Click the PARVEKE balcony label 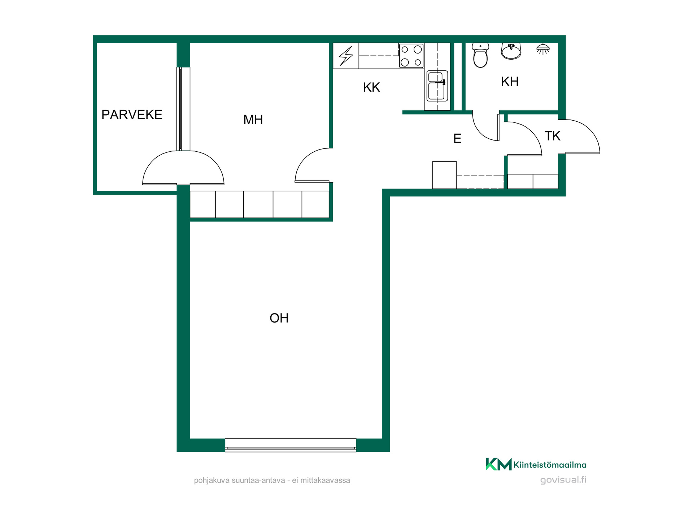tap(132, 114)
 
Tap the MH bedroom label tap(253, 120)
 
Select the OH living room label tap(279, 318)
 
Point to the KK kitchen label tap(371, 87)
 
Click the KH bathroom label tap(510, 82)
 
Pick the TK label tap(552, 136)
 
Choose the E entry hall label tap(457, 139)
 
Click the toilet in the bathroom tap(480, 55)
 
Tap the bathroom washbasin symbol tap(511, 51)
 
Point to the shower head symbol tap(543, 49)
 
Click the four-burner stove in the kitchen tap(411, 56)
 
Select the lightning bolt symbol tap(346, 56)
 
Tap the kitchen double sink tap(437, 86)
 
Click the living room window tap(291, 445)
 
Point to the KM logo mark tap(498, 464)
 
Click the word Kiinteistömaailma tap(550, 465)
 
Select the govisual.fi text tap(563, 480)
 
